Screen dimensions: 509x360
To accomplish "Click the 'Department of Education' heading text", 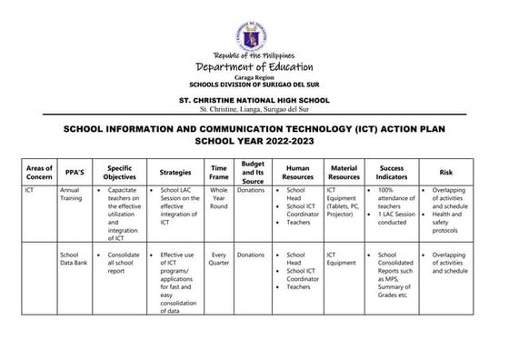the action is pyautogui.click(x=254, y=66).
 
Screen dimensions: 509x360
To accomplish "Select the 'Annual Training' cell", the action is pyautogui.click(x=73, y=197).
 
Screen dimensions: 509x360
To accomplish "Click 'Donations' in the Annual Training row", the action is pyautogui.click(x=251, y=191).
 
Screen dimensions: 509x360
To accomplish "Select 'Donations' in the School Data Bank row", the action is pyautogui.click(x=251, y=255).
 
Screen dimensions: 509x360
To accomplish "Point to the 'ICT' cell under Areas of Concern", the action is pyautogui.click(x=30, y=191).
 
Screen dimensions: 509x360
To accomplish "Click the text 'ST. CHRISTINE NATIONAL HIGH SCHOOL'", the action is pyautogui.click(x=254, y=100).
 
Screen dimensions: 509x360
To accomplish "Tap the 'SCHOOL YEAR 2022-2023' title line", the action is pyautogui.click(x=254, y=143).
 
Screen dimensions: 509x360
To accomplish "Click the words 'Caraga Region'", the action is pyautogui.click(x=254, y=78).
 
